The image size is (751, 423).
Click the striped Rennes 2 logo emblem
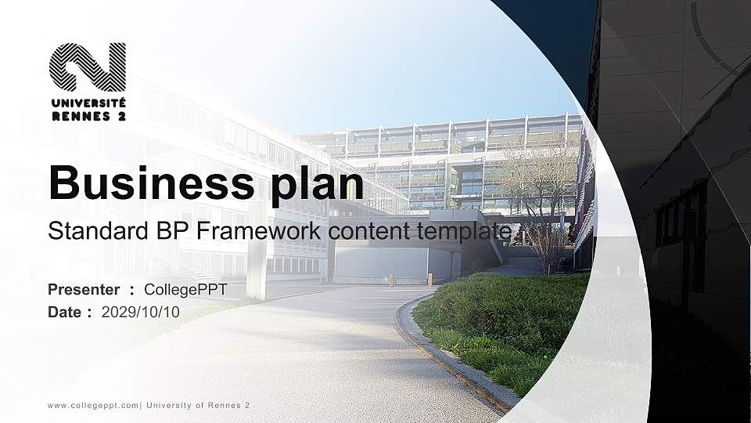[88, 67]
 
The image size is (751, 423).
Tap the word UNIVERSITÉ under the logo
[88, 103]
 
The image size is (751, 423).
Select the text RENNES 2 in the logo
[88, 116]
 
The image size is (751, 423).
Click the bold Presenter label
[84, 290]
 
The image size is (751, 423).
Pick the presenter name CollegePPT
[185, 290]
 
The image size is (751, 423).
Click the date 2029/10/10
[141, 312]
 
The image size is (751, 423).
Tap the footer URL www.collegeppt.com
[93, 406]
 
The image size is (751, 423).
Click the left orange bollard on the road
[391, 280]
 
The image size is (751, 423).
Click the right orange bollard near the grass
[429, 279]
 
